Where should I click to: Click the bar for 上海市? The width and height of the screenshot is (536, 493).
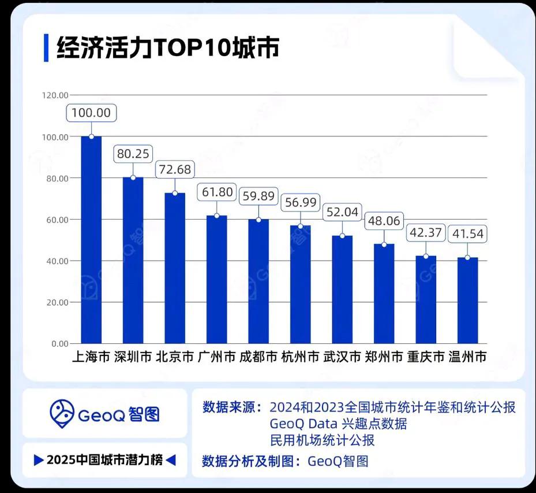[x=91, y=240]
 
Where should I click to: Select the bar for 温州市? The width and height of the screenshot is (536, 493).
[x=467, y=300]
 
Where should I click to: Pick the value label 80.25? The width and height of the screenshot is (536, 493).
[x=133, y=154]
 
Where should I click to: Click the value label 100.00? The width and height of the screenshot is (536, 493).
[x=91, y=113]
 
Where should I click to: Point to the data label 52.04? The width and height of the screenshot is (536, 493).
[x=342, y=212]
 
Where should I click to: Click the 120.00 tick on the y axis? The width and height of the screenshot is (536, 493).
[x=55, y=95]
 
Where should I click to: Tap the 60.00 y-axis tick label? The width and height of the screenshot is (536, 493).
[x=57, y=220]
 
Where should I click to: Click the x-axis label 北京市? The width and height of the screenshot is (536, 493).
[x=175, y=357]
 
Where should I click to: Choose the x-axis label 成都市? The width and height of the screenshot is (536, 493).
[x=258, y=357]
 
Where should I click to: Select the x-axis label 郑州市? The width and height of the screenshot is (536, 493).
[x=384, y=357]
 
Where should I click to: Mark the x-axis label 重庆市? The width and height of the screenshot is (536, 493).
[x=426, y=357]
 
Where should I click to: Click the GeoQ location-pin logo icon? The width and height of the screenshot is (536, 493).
[x=62, y=413]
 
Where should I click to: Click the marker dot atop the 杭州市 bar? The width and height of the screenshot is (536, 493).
[x=300, y=226]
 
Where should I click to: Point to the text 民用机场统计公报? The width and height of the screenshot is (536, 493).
[x=322, y=440]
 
